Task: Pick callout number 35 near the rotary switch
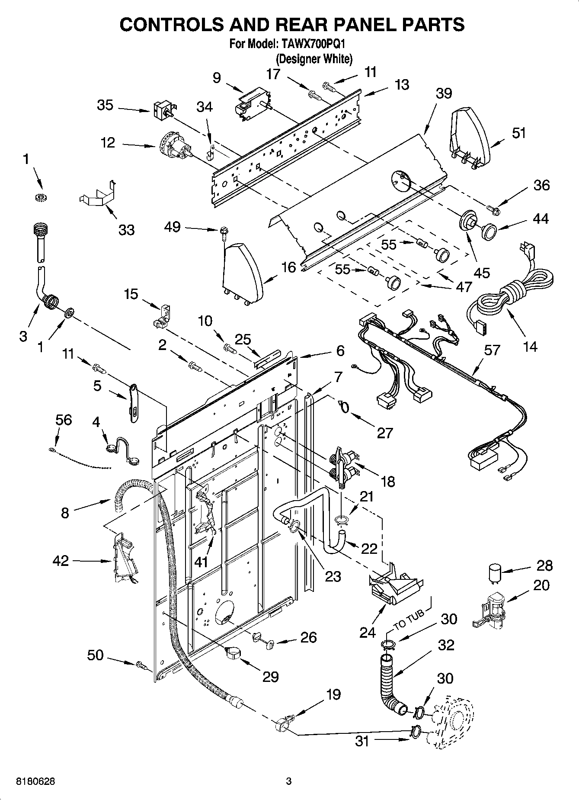105,105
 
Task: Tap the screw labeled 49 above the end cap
223,233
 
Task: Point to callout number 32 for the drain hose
446,645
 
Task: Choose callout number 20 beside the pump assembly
541,585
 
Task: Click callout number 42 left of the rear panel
61,561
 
